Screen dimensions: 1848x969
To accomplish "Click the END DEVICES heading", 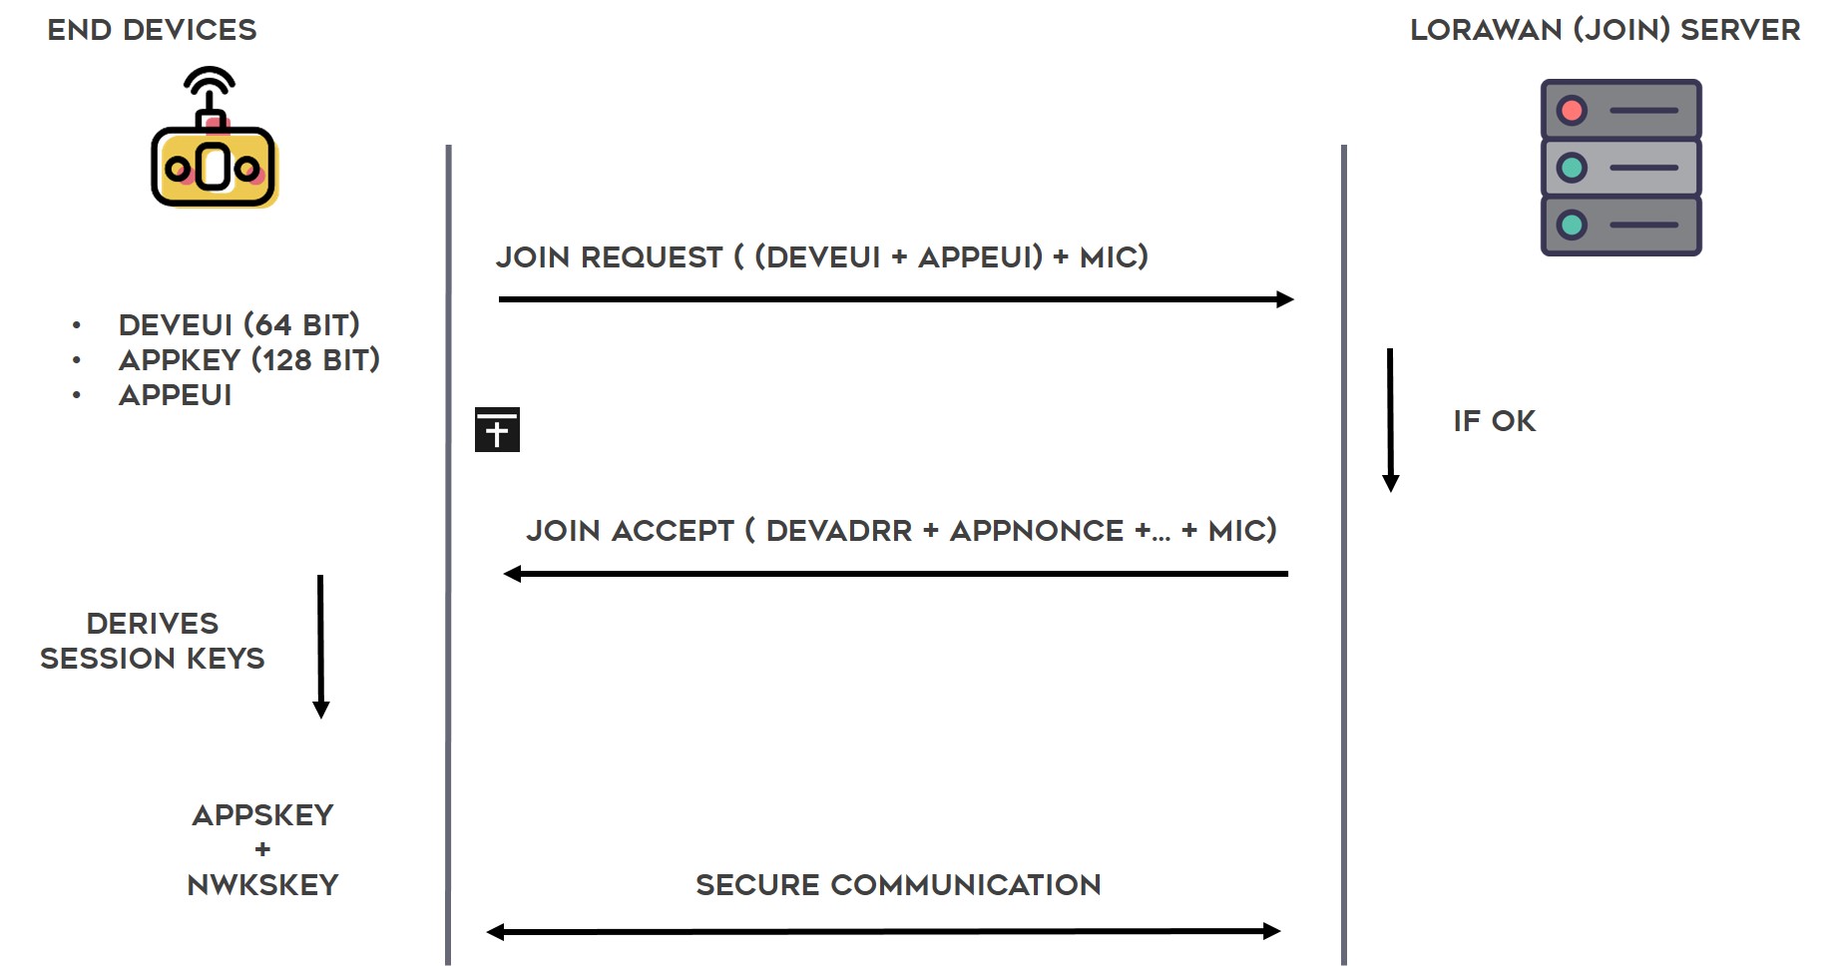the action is click(152, 30).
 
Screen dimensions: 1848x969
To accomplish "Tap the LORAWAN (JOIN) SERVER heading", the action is click(1605, 30).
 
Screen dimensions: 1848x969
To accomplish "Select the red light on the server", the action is click(1572, 110).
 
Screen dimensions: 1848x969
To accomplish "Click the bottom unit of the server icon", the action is click(1620, 226).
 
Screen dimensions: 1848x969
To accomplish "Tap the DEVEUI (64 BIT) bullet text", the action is click(238, 325).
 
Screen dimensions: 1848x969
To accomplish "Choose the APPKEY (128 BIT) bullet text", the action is click(248, 360).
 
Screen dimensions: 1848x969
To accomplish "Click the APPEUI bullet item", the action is click(175, 395).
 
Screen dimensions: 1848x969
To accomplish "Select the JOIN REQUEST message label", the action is click(822, 257).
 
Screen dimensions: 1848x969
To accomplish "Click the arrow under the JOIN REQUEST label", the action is click(896, 299).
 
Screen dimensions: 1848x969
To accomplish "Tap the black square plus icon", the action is click(497, 429).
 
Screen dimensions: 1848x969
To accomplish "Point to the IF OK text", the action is click(1494, 421).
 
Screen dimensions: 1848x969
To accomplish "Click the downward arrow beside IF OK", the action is click(1390, 420).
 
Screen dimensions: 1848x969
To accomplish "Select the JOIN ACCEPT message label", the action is click(901, 531).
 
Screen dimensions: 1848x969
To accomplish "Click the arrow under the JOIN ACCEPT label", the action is click(896, 574).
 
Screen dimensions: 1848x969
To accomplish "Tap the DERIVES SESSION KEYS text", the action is click(152, 641).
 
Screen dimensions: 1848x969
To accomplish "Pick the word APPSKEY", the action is click(262, 815).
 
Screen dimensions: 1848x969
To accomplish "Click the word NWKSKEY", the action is click(262, 885).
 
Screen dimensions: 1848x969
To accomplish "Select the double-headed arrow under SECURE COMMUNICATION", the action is click(883, 932).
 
